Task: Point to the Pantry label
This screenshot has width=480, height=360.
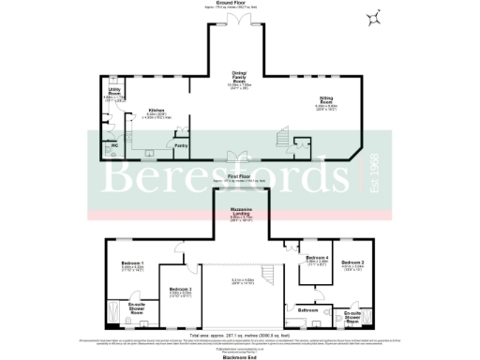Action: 181,144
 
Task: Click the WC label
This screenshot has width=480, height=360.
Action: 114,146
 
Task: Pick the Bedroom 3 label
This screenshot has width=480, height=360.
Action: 179,290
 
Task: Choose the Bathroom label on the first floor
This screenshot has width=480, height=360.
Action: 308,308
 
